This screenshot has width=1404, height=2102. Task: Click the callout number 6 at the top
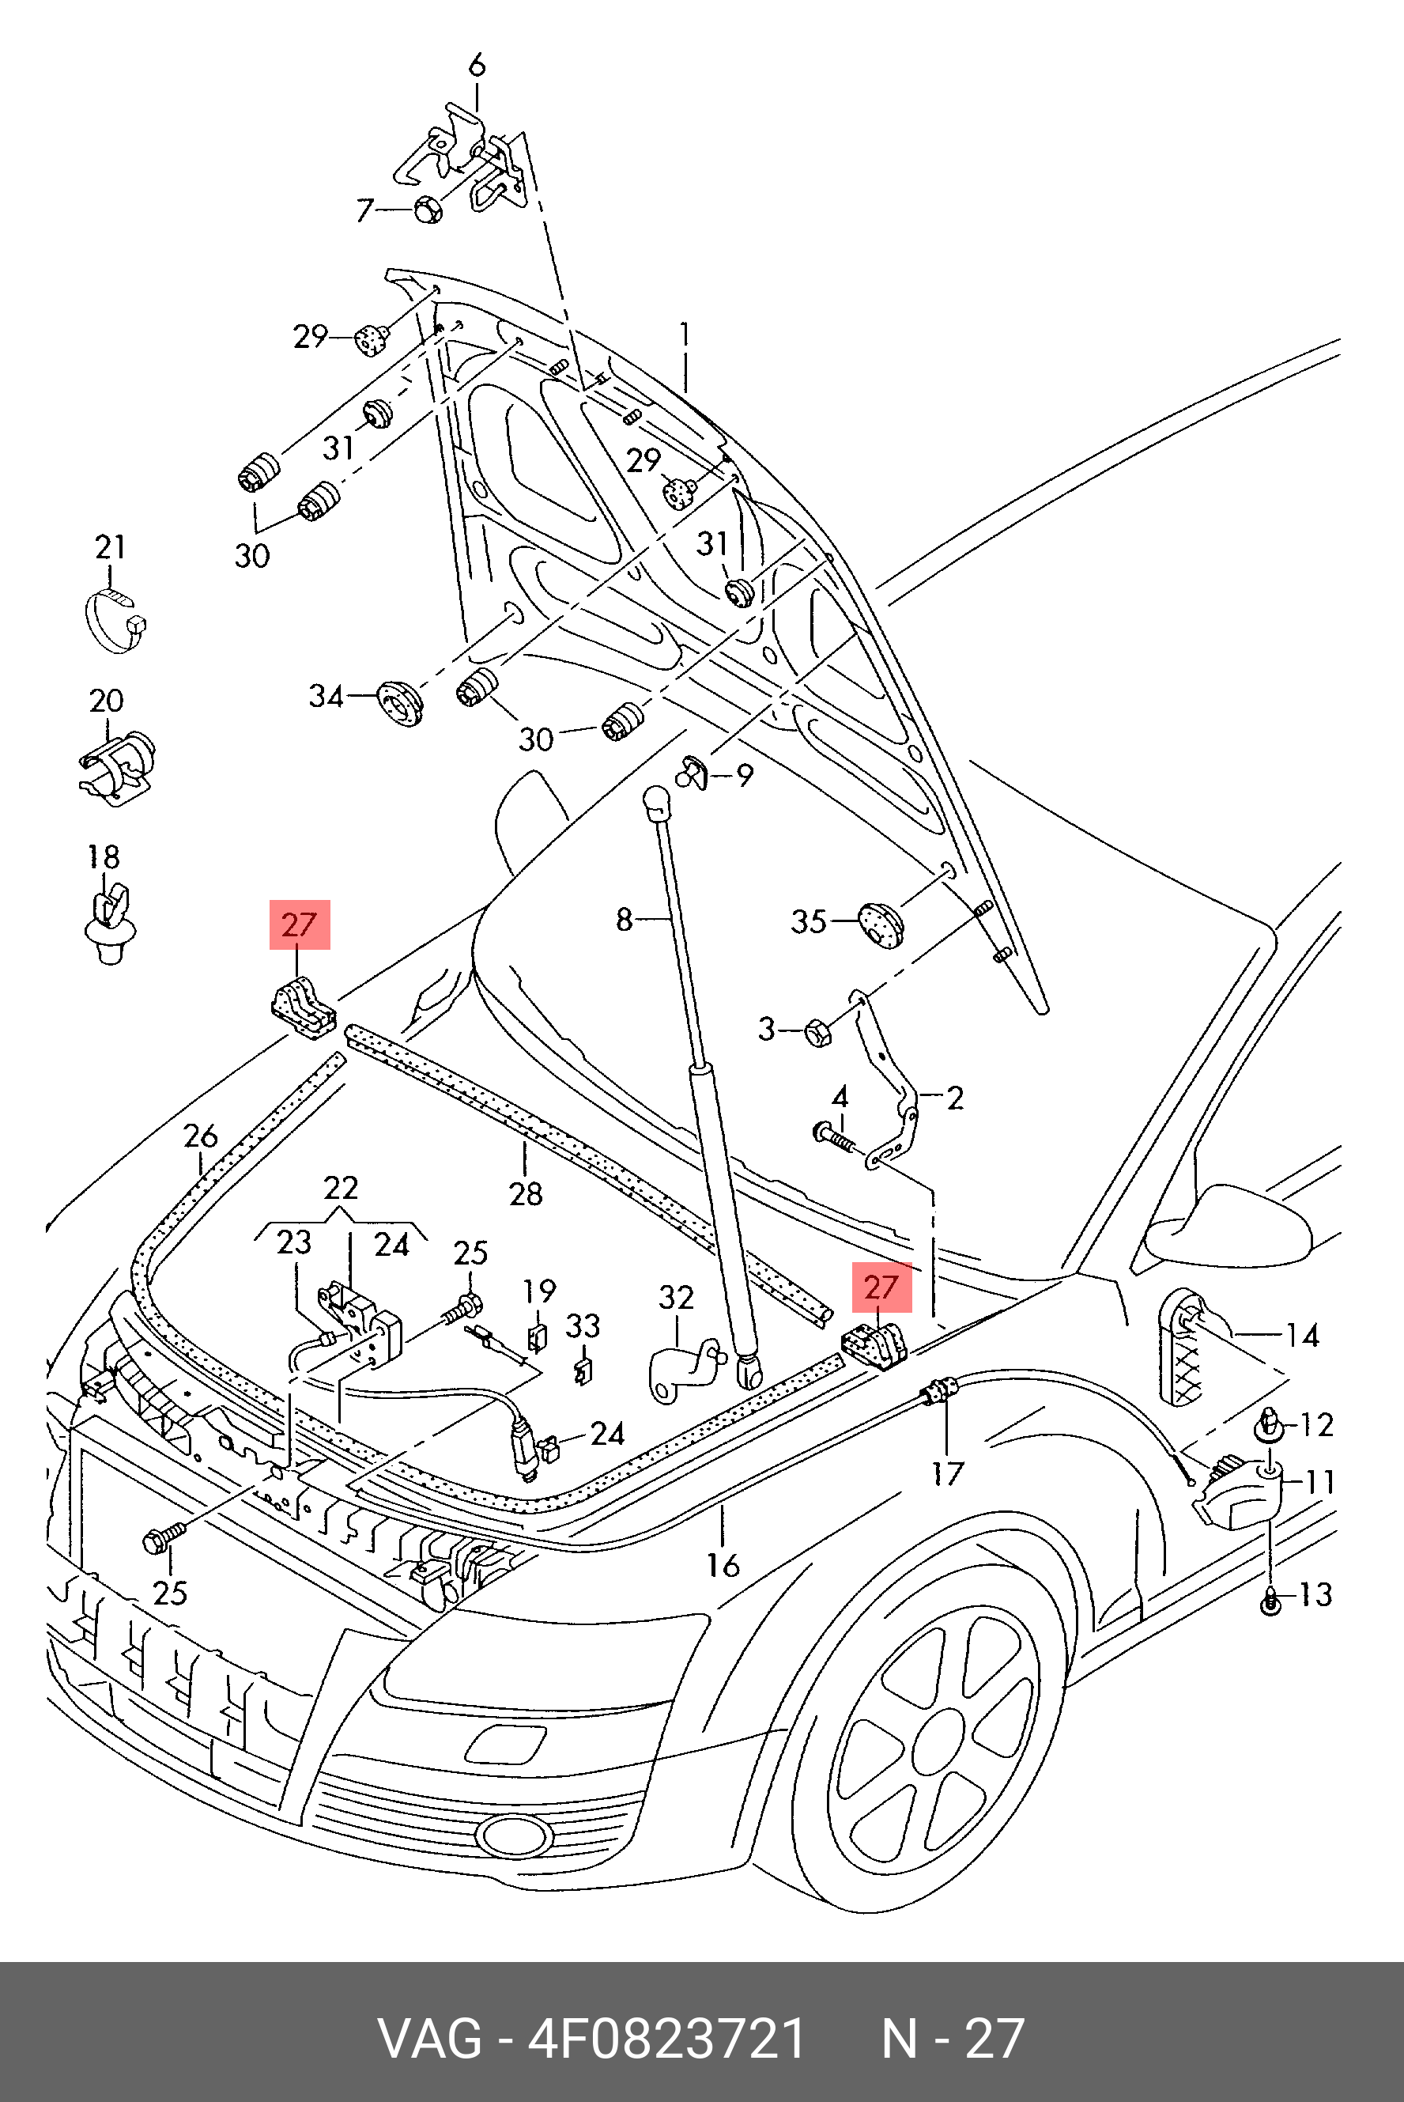[477, 66]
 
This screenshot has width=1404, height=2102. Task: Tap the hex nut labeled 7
[428, 210]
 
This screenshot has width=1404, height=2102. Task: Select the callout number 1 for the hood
[684, 335]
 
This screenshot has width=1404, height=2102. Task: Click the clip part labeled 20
[117, 765]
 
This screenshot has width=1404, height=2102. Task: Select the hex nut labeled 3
[818, 1033]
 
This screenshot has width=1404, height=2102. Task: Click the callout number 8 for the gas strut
[624, 919]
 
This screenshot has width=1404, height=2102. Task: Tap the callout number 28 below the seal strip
[526, 1194]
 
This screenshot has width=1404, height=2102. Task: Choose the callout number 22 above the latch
[340, 1188]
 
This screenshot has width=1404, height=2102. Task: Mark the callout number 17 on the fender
[947, 1473]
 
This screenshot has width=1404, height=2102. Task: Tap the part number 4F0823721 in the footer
[667, 2040]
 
